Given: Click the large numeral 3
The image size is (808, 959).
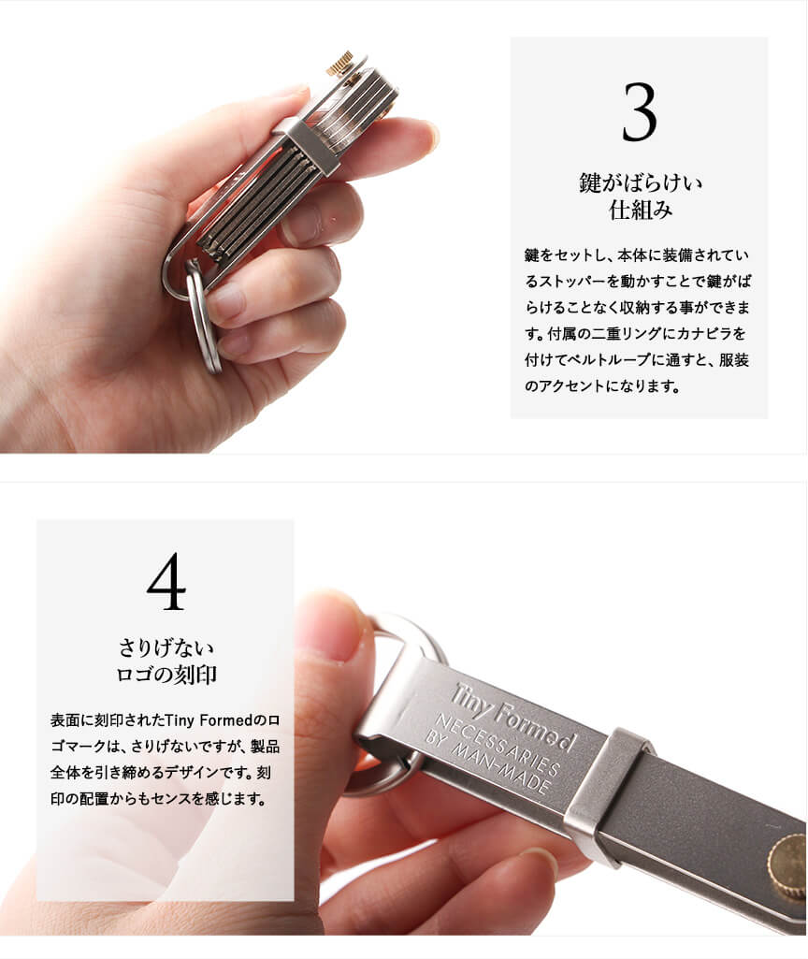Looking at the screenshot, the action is pos(640,112).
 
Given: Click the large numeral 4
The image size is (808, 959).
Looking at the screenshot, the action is pos(166,582).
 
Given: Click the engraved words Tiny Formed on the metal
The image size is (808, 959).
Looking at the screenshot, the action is pos(514,717).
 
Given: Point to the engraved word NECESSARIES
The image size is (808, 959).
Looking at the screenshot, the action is pos(498,745).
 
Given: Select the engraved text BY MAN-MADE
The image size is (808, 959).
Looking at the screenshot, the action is pos(487,763).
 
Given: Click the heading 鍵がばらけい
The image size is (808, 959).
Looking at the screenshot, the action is pos(640,182).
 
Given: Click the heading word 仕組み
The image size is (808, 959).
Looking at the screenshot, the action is pos(640,211).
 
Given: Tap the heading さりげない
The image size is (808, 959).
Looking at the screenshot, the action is pos(166,647).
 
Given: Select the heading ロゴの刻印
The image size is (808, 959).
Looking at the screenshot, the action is pos(166,675).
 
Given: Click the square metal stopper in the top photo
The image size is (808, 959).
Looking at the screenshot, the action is pos(311,146).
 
